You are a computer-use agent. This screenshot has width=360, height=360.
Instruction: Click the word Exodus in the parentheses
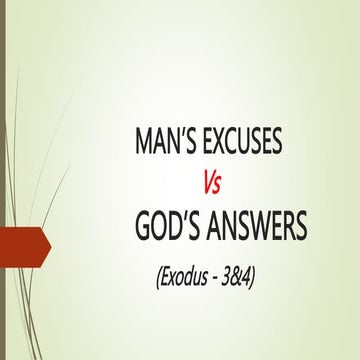182,277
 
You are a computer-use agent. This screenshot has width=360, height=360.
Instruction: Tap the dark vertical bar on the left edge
3,180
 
